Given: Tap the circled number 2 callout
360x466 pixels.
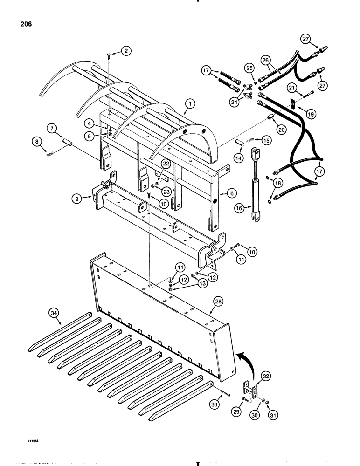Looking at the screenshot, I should point(125,51).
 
